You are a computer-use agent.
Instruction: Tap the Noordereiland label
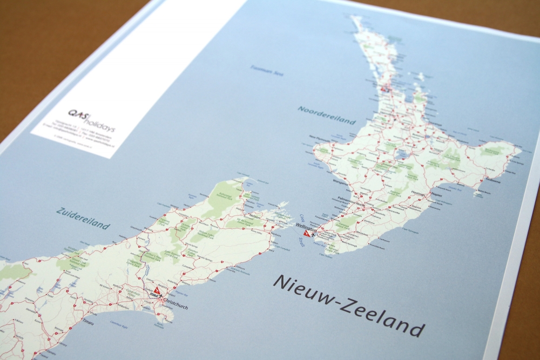pos(327,114)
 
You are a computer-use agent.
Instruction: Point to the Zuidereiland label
pos(83,218)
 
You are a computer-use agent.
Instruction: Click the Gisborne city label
pos(492,182)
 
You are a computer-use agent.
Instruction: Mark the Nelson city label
pos(255,216)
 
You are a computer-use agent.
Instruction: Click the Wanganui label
pos(340,182)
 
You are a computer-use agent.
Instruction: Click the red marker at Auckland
pos(384,89)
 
